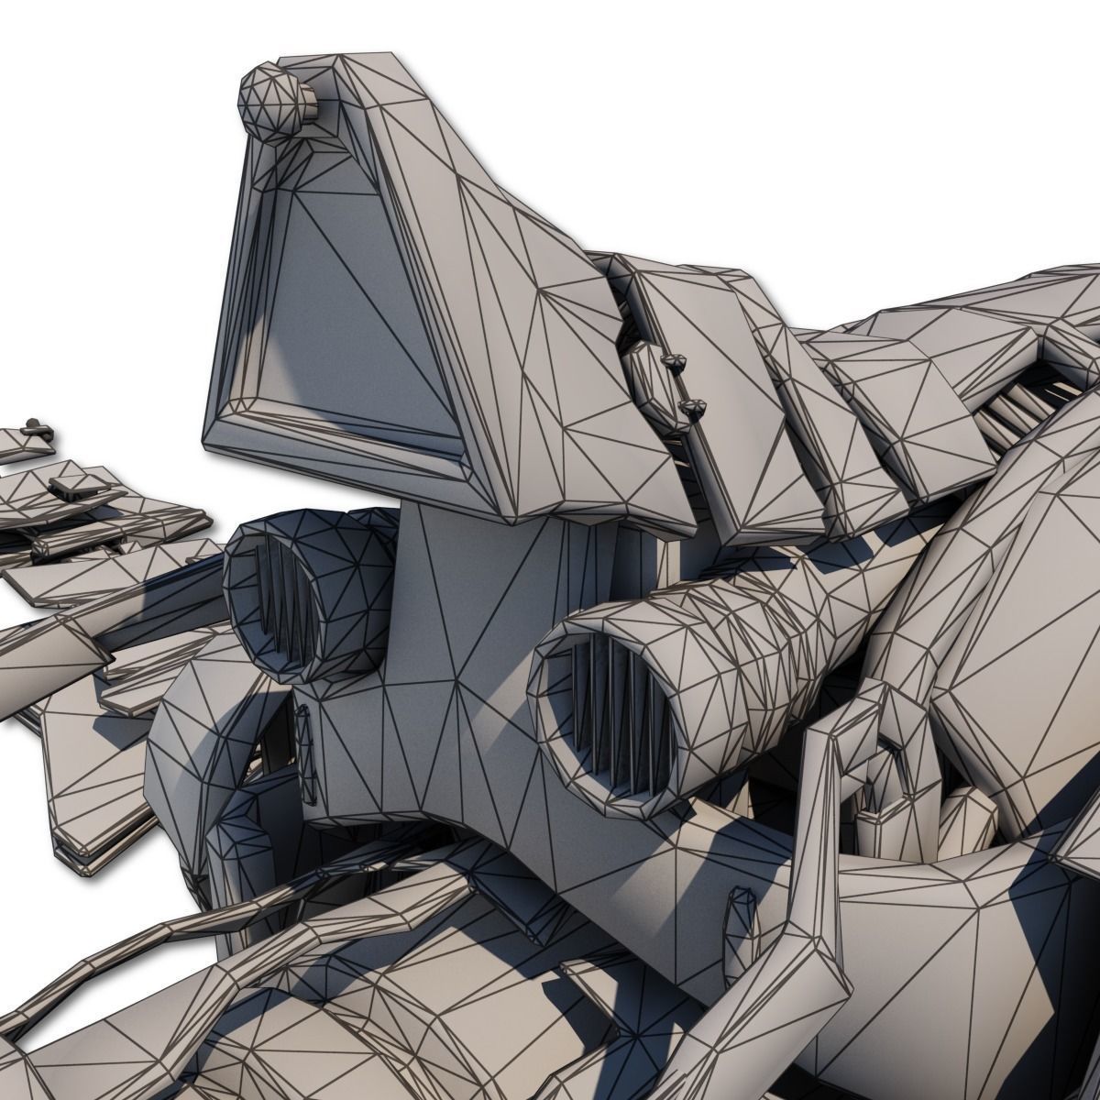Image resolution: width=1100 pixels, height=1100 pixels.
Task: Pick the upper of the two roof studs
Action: click(676, 364)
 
